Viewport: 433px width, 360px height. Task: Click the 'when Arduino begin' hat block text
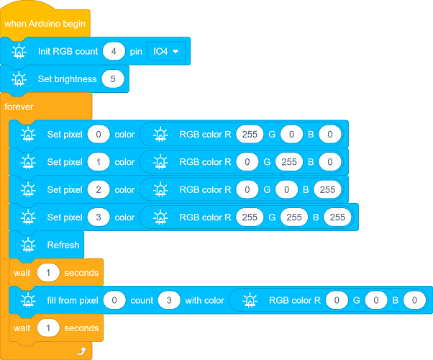pos(45,24)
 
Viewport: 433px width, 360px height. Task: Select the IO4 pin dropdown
pos(166,51)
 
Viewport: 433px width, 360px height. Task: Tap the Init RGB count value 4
pos(114,51)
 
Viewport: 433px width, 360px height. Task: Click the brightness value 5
pos(113,79)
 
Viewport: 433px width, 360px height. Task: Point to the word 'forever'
pos(19,107)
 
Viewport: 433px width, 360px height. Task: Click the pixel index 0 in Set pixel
pos(99,135)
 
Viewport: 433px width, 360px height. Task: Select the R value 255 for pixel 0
pos(250,135)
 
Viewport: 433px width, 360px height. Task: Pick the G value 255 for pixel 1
pos(289,162)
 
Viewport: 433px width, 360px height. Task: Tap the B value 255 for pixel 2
pos(327,189)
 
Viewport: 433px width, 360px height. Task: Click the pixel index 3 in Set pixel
pos(99,217)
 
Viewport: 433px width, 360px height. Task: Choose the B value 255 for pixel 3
pos(337,217)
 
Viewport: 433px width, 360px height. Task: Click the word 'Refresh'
pos(63,245)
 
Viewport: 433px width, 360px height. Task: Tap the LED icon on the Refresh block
pos(28,245)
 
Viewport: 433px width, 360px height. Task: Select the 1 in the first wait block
pos(48,273)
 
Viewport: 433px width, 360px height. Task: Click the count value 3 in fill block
pos(169,300)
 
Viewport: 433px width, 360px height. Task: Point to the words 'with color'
pos(204,300)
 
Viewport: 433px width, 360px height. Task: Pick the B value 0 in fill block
pos(414,300)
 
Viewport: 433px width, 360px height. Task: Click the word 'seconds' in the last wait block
pos(81,328)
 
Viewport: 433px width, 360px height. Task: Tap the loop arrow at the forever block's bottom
pos(81,351)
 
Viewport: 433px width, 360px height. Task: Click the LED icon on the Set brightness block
pos(19,79)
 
